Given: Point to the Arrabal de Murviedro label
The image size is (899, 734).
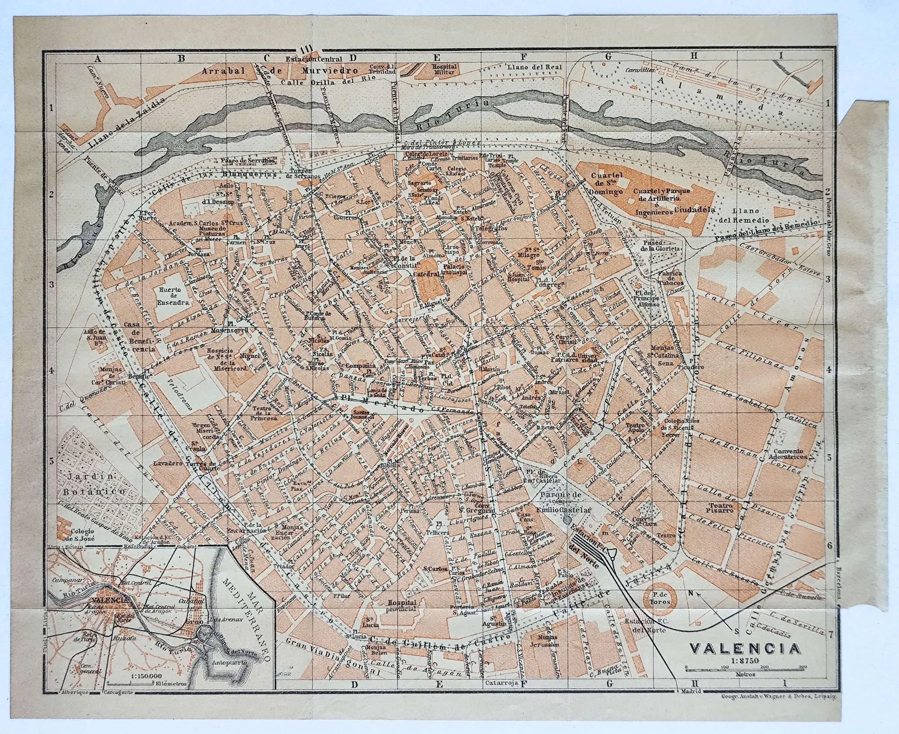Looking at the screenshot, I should point(281,71).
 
